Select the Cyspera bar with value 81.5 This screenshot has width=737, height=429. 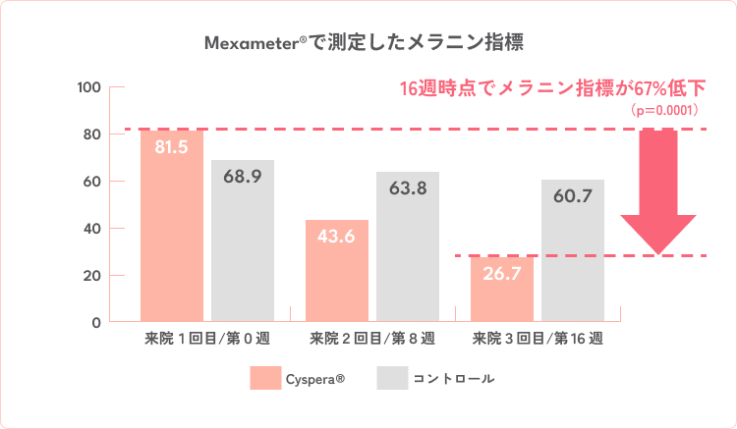172,226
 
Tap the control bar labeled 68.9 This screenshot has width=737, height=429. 242,241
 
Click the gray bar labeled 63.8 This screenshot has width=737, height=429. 407,246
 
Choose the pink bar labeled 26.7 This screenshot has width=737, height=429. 501,290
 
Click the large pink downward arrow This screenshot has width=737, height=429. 659,191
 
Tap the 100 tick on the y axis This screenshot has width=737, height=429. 89,87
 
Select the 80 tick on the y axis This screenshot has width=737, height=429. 92,134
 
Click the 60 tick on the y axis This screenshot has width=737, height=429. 92,182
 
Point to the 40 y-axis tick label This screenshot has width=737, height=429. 92,229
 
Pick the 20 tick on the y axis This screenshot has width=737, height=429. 92,276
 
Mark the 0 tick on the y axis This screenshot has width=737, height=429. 96,322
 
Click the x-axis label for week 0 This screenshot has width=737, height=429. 207,340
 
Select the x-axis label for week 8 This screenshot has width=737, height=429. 371,340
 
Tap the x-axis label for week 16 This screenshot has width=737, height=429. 538,340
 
